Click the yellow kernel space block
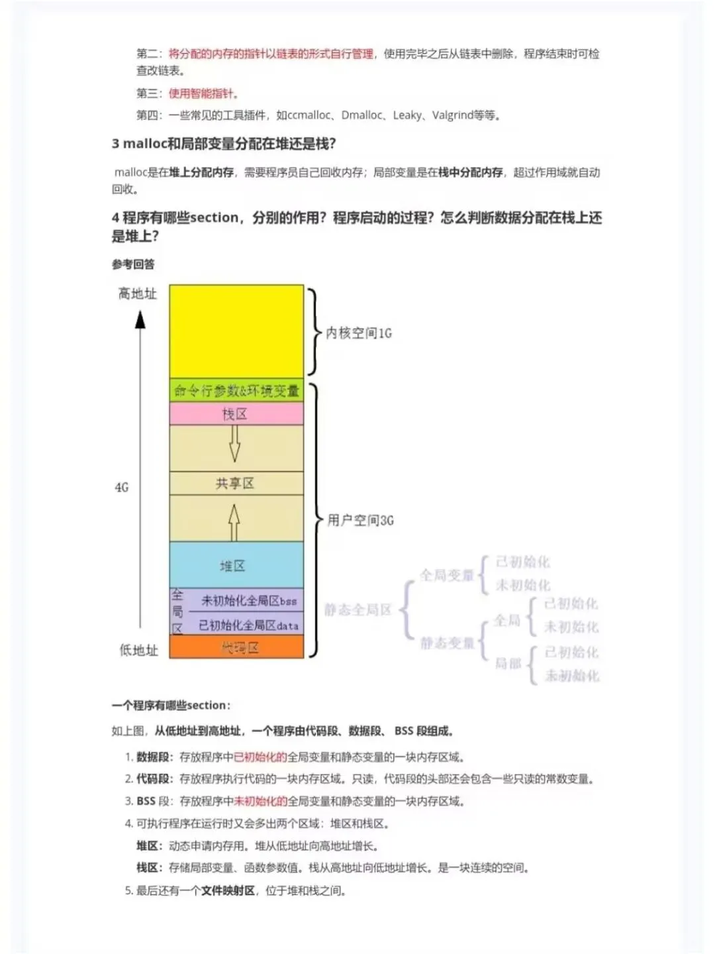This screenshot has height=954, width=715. tap(236, 331)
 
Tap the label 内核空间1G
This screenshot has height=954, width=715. tap(358, 333)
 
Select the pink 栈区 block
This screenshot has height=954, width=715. tap(236, 414)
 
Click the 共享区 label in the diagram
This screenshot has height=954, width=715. tap(235, 484)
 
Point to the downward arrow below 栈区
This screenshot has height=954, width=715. tap(234, 443)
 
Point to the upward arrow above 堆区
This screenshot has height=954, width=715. tap(234, 522)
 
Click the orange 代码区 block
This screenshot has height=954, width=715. tap(237, 647)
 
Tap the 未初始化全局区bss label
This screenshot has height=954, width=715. tap(249, 601)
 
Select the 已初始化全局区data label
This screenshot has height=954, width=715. tap(249, 625)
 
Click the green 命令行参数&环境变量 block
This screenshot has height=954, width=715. tap(236, 391)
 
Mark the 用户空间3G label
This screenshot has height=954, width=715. tap(360, 520)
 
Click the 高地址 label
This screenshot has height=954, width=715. tap(137, 293)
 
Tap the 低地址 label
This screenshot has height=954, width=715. tap(138, 650)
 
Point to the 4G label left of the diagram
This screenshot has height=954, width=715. tap(122, 487)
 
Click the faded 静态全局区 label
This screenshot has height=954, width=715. tap(358, 609)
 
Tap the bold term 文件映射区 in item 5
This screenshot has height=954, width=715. tap(228, 890)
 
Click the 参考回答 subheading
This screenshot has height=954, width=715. tap(133, 264)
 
